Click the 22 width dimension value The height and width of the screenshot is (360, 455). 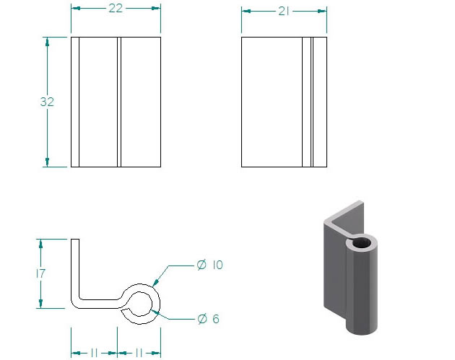[116, 8]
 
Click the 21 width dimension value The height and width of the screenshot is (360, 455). [284, 11]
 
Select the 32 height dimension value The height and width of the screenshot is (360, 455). [47, 102]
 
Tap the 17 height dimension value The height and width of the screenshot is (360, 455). [41, 273]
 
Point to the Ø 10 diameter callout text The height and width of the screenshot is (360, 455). [209, 265]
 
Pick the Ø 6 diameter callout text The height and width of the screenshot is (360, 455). [208, 319]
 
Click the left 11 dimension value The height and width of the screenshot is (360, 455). [94, 353]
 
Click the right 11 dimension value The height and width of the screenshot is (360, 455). [139, 353]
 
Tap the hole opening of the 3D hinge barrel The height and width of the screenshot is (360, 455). [362, 242]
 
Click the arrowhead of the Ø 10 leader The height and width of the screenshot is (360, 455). [156, 282]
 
